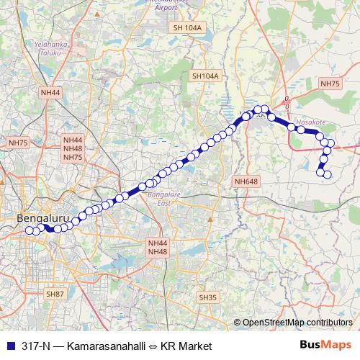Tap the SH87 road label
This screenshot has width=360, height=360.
point(55,294)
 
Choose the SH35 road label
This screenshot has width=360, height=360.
point(207,297)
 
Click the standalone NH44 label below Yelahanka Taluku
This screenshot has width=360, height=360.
point(51,92)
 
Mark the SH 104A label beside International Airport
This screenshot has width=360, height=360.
point(189,27)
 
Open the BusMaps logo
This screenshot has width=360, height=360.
point(325,345)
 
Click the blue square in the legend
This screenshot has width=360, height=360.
point(9,346)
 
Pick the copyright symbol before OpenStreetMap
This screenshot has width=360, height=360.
point(237,323)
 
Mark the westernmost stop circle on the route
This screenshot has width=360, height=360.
point(30,230)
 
